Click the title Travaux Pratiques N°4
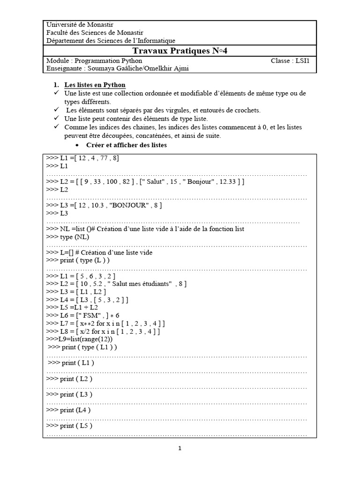click(180, 51)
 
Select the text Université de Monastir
click(80, 24)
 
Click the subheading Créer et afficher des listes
click(127, 145)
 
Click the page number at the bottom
click(180, 448)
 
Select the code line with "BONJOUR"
click(105, 205)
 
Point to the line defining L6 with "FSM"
click(83, 315)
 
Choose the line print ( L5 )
click(69, 426)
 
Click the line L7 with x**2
click(105, 323)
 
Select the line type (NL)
click(68, 237)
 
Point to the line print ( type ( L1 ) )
click(82, 347)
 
